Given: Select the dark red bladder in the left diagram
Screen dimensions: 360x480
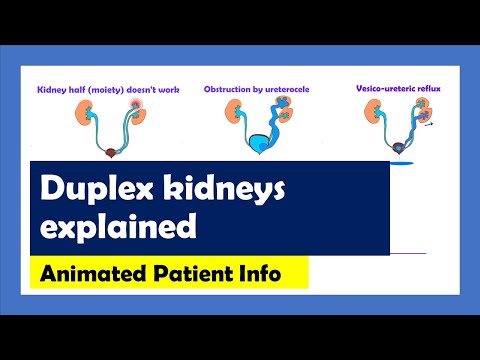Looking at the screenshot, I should (110, 152).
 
